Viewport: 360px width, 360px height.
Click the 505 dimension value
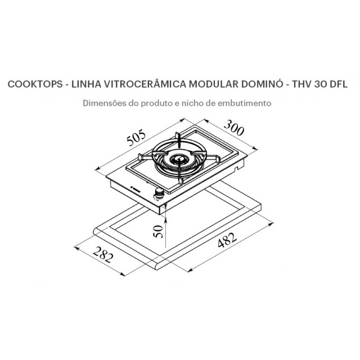tap(136, 138)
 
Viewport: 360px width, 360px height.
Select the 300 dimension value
tap(233, 128)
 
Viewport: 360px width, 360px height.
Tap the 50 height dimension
tap(158, 231)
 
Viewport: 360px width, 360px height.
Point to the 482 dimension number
tap(227, 240)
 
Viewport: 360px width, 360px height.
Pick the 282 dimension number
tap(103, 255)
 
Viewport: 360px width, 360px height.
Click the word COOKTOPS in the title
tap(35, 84)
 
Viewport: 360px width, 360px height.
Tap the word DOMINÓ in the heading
tap(262, 83)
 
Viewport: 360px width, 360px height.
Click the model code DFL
tap(339, 84)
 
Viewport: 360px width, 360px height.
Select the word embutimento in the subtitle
tap(244, 103)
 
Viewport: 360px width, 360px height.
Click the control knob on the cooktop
tap(159, 192)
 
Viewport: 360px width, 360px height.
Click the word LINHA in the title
tap(86, 84)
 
